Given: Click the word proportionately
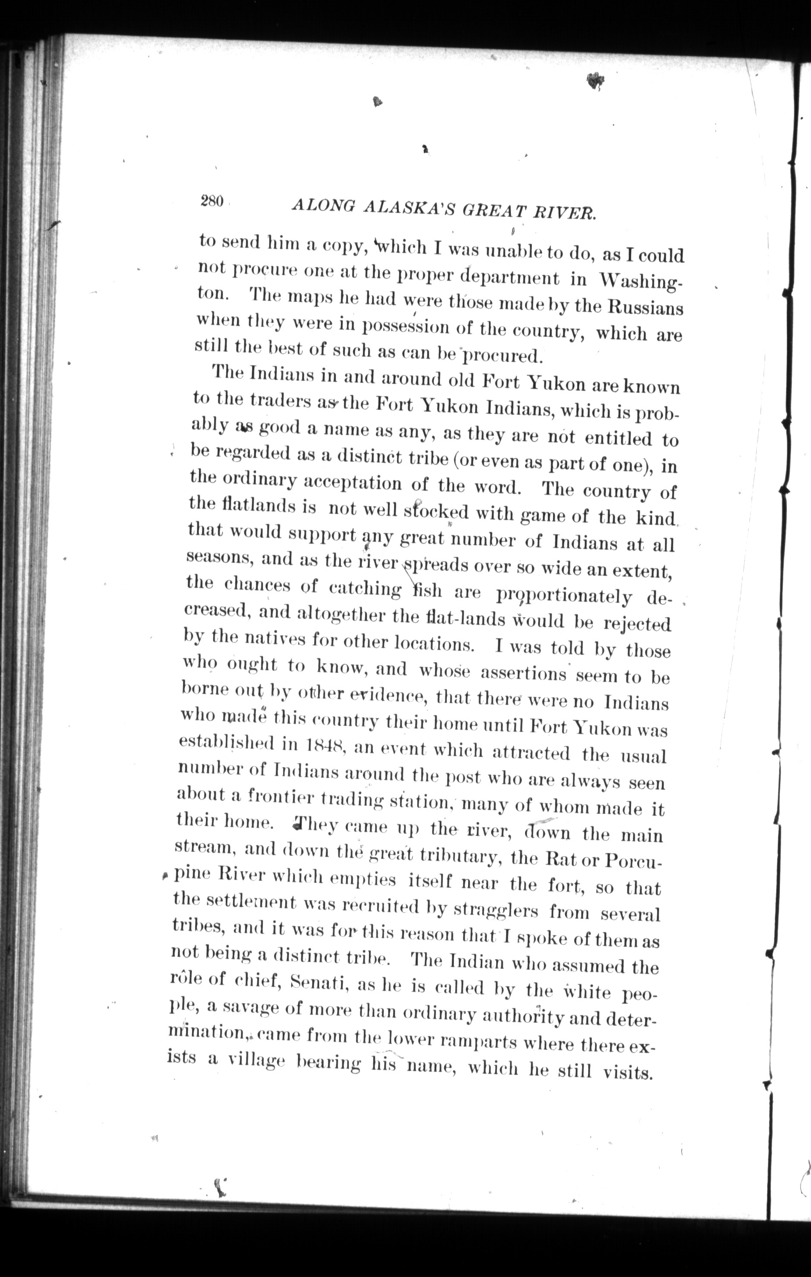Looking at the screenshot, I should (x=563, y=596).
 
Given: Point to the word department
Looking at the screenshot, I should (x=509, y=277).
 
